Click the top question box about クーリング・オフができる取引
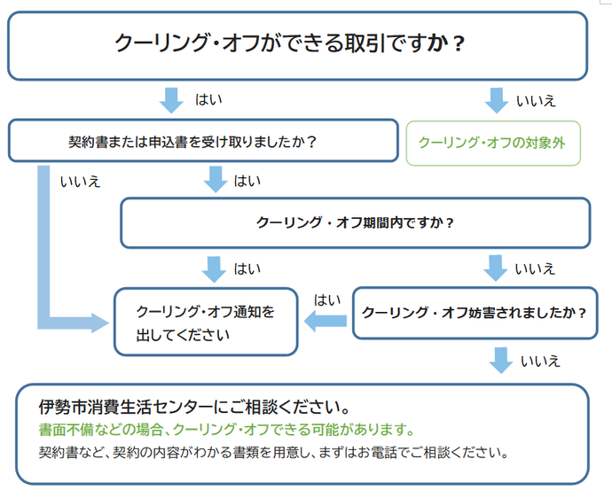tap(297, 44)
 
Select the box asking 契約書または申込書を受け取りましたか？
tap(203, 141)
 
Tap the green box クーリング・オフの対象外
tap(493, 143)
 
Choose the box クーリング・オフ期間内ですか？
tap(355, 222)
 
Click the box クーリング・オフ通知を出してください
tap(205, 323)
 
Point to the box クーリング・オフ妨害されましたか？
tap(475, 313)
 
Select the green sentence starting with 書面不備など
tap(227, 430)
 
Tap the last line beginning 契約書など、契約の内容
tap(272, 453)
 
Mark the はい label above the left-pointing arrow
tap(327, 300)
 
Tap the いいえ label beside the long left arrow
tap(80, 182)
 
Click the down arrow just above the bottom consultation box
tap(501, 360)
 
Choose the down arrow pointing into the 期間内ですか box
tap(216, 180)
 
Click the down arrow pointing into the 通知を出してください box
tap(214, 268)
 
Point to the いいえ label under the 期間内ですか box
tap(535, 268)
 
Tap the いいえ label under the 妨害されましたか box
tap(540, 361)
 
